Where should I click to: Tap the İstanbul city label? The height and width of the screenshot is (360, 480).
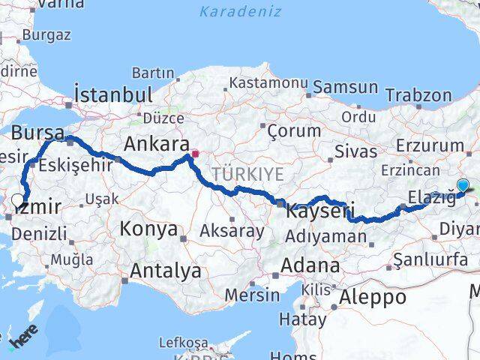pos(114,95)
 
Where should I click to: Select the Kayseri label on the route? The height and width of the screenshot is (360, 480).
pos(319,212)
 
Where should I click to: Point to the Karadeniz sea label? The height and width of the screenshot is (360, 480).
pos(241,11)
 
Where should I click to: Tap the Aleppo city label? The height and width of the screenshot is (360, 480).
pos(373,296)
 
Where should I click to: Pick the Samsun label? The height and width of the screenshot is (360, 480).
pos(345,87)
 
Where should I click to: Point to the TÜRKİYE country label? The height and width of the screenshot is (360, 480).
pos(247,174)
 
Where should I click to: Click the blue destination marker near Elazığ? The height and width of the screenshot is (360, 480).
pos(463,187)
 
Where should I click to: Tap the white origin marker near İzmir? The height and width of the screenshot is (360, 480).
pos(18,200)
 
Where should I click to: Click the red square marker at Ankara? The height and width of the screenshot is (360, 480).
pos(194,154)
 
